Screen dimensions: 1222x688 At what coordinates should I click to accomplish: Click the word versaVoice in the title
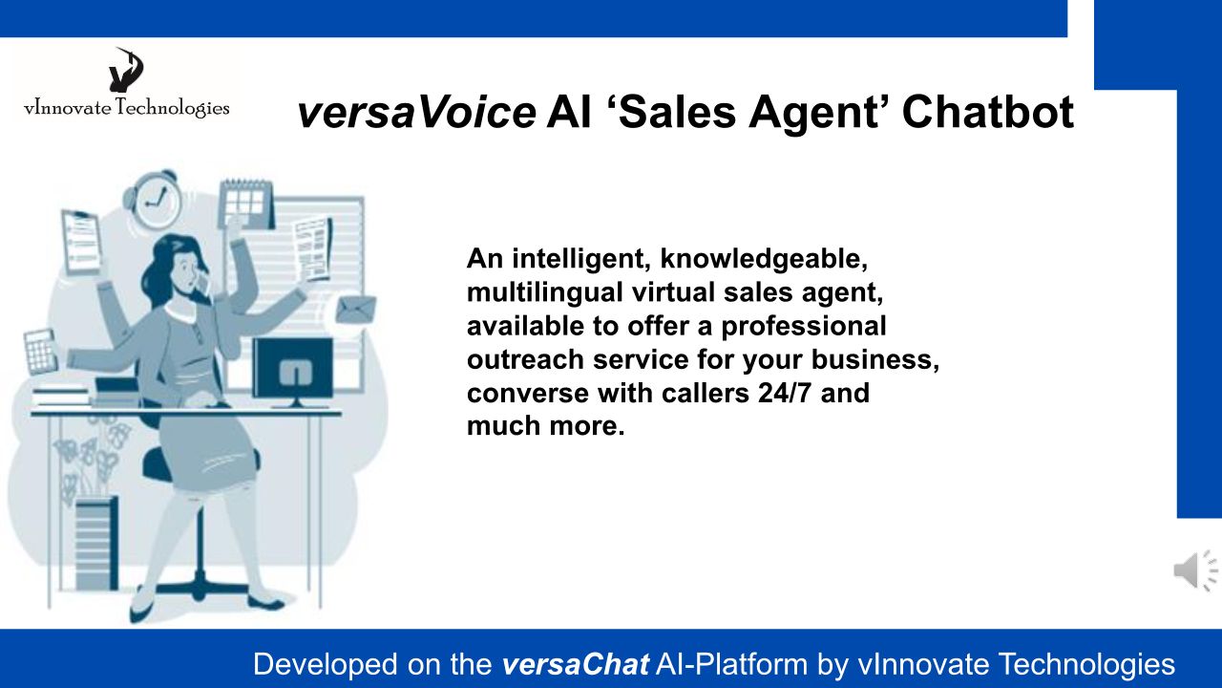coord(416,112)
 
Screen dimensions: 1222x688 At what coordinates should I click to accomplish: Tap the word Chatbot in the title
coord(988,112)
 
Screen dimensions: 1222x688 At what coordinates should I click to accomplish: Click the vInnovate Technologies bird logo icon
coord(126,70)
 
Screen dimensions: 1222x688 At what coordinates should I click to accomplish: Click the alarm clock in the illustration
coord(152,199)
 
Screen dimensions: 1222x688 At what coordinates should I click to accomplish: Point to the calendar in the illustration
coord(246,204)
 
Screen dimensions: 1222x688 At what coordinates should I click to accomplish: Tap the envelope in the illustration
coord(356,310)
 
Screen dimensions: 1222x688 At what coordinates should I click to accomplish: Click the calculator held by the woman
coord(40,353)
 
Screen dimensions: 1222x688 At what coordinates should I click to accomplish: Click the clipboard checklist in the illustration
coord(82,242)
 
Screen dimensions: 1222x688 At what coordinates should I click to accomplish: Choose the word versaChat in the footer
coord(575,664)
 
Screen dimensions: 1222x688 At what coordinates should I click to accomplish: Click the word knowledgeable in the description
coord(763,259)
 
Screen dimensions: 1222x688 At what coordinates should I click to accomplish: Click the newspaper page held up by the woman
coord(313,249)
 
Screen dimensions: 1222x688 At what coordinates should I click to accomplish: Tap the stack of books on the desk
coord(61,396)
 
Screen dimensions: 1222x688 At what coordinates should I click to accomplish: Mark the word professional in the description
coord(804,327)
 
